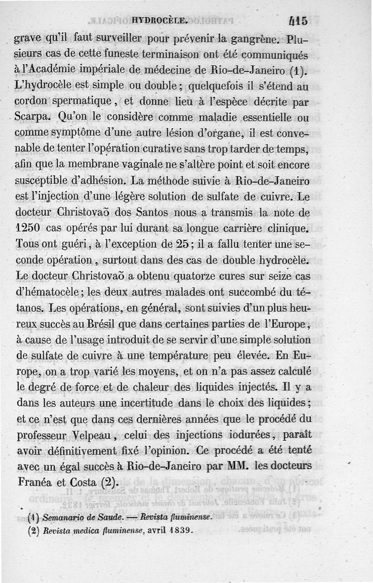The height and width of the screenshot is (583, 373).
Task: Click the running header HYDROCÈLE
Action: click(x=160, y=21)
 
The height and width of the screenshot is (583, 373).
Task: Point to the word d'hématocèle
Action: click(x=48, y=293)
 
